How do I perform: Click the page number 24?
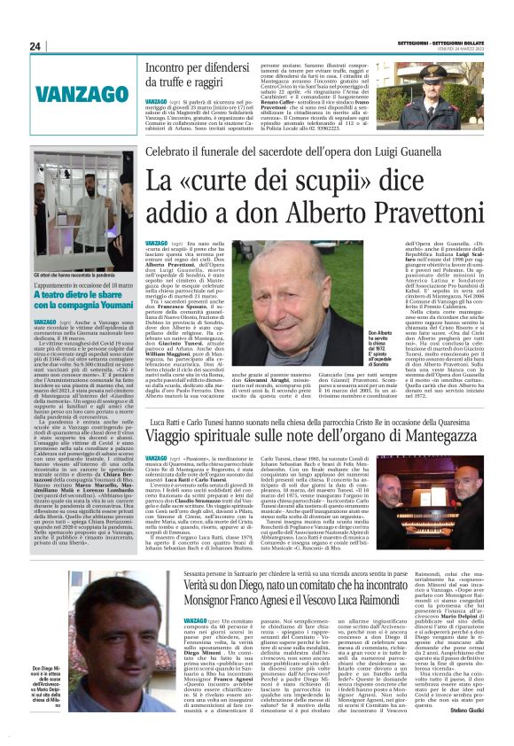(35, 46)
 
